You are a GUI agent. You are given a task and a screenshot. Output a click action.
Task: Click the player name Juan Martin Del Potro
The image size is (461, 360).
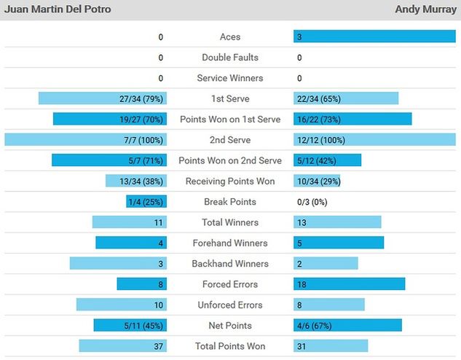click(x=58, y=9)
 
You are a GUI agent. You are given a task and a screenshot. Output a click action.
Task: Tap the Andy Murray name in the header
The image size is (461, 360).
click(x=425, y=9)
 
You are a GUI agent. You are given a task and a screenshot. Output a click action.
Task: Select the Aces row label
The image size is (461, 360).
click(x=230, y=37)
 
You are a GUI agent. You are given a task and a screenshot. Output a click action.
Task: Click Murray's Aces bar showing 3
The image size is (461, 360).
click(x=374, y=37)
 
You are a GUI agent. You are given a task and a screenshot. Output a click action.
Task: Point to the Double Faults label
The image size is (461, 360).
click(x=230, y=58)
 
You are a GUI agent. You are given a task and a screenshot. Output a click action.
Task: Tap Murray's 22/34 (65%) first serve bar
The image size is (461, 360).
click(x=346, y=98)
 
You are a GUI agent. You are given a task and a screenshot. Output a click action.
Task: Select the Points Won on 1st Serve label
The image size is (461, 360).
click(x=230, y=120)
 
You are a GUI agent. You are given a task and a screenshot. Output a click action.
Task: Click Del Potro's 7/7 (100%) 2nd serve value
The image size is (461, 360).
click(x=145, y=140)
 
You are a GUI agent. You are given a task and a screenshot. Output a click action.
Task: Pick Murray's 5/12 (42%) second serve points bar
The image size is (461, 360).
click(x=327, y=160)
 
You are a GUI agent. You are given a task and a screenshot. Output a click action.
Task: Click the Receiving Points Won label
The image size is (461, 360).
click(x=230, y=181)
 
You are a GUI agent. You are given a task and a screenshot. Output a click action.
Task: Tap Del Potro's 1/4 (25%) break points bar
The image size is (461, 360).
click(x=146, y=202)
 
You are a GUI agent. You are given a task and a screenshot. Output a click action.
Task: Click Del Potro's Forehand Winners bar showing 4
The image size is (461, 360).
click(x=131, y=243)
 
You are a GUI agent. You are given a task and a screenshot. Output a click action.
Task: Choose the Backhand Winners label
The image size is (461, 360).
click(x=230, y=264)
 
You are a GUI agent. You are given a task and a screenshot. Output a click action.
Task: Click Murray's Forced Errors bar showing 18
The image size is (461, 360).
click(x=349, y=284)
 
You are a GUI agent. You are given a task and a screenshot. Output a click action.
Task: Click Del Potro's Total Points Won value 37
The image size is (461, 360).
click(x=157, y=346)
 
